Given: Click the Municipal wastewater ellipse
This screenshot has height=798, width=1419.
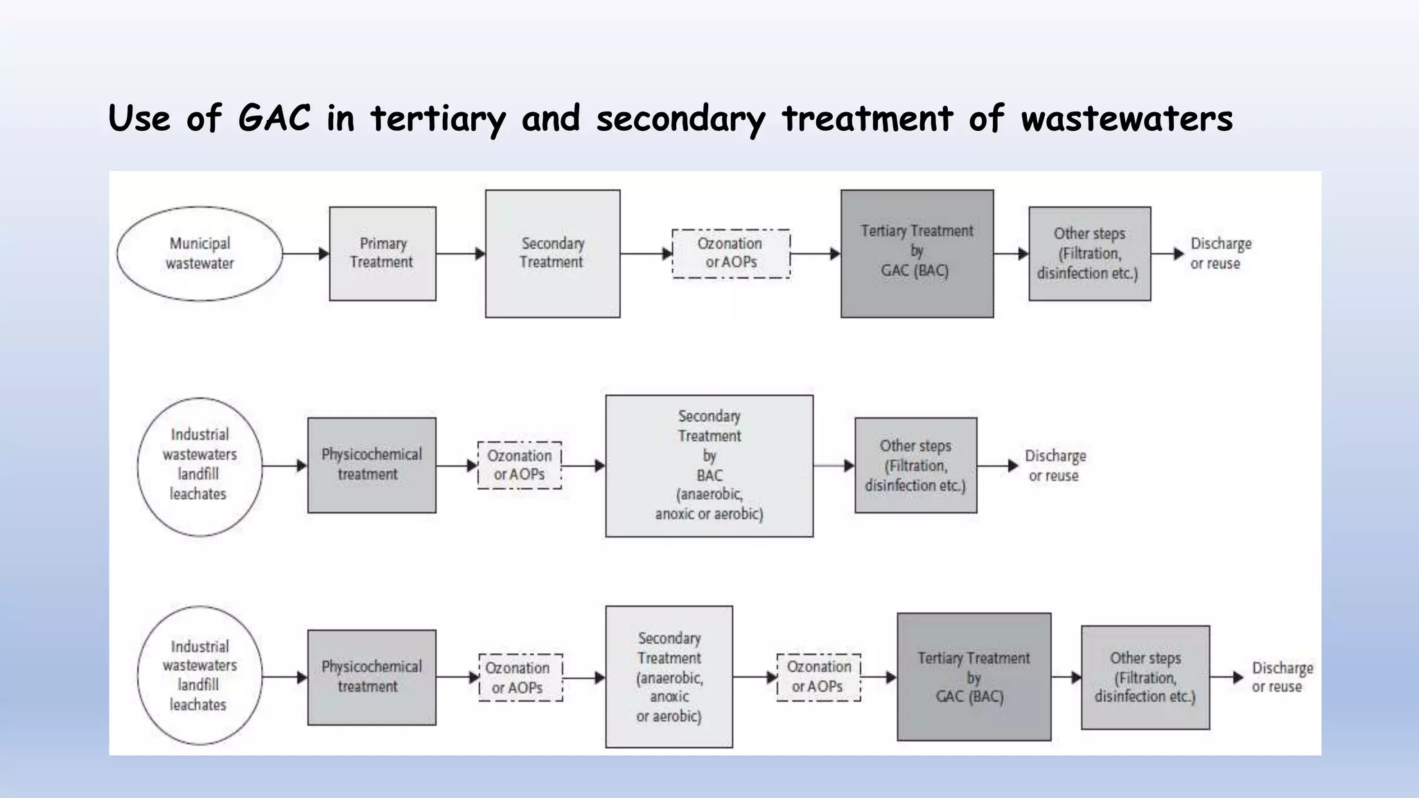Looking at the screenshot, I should tap(200, 254).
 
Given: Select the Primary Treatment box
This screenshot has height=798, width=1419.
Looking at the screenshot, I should tap(382, 254).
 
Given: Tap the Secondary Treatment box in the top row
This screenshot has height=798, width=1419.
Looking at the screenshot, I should tap(552, 254).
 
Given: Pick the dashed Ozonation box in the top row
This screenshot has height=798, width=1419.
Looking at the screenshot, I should tap(731, 254).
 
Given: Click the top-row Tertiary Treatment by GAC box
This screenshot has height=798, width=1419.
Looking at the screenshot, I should tap(917, 254).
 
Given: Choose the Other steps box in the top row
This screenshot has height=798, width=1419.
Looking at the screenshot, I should tap(1089, 254).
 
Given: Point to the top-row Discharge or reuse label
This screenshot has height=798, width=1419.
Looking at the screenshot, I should tap(1220, 254).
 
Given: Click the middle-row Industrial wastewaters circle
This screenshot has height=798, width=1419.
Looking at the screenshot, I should tap(200, 466).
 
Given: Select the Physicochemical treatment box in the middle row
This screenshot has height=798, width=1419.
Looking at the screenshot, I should tap(371, 465).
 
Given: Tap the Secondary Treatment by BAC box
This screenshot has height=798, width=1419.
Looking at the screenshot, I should tap(709, 465).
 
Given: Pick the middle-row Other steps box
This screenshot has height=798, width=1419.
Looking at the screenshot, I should tap(915, 465).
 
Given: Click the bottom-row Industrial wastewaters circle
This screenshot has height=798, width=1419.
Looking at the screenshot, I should tap(200, 676).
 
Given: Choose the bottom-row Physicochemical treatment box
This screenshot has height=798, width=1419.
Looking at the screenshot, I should tap(371, 677).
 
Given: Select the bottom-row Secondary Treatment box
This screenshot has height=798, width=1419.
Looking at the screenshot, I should tap(669, 677).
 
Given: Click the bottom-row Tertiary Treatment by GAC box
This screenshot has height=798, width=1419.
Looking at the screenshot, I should tap(973, 677).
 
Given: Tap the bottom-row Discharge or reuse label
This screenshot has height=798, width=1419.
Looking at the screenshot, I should tap(1281, 677).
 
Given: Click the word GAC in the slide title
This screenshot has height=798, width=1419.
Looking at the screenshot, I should tap(274, 118).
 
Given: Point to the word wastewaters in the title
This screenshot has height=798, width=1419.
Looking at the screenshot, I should tap(1127, 119).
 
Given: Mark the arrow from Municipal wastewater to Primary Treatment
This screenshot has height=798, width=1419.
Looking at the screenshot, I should tap(306, 254).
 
